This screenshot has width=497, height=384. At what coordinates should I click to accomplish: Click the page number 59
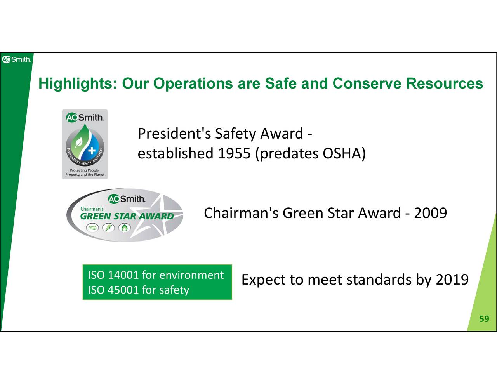(x=484, y=319)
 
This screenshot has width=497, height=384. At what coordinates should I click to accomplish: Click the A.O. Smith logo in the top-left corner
(x=16, y=59)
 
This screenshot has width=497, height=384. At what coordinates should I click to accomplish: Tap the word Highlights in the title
(x=78, y=84)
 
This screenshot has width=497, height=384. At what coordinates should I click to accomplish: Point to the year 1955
(x=235, y=153)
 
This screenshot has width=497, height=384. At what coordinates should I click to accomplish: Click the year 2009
(x=430, y=213)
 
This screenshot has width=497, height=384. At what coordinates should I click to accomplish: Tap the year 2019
(x=452, y=280)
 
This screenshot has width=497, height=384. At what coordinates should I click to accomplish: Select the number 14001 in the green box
(x=123, y=275)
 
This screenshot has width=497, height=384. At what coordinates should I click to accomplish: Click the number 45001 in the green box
(x=123, y=290)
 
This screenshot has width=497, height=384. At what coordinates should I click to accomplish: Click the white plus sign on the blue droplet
(x=92, y=151)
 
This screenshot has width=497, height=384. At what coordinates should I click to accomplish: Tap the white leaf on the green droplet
(x=78, y=142)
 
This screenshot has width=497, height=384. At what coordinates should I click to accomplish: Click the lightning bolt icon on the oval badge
(x=108, y=228)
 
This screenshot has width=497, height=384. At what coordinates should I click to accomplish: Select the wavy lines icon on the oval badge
(x=92, y=228)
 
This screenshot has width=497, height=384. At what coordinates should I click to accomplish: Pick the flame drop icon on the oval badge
(x=124, y=228)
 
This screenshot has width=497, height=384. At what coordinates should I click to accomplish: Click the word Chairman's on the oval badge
(x=92, y=209)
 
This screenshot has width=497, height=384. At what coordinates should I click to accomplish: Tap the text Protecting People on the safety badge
(x=85, y=170)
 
